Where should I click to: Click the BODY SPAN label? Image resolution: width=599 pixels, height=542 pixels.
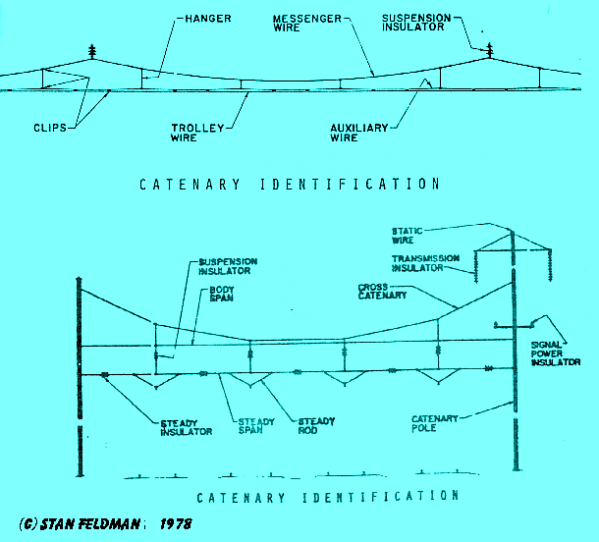220,293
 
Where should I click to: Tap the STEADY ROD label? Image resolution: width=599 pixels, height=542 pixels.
315,427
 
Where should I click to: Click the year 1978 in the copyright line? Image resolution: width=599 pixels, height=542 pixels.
172,525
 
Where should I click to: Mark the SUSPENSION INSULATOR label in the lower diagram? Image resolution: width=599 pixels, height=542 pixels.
228,267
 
